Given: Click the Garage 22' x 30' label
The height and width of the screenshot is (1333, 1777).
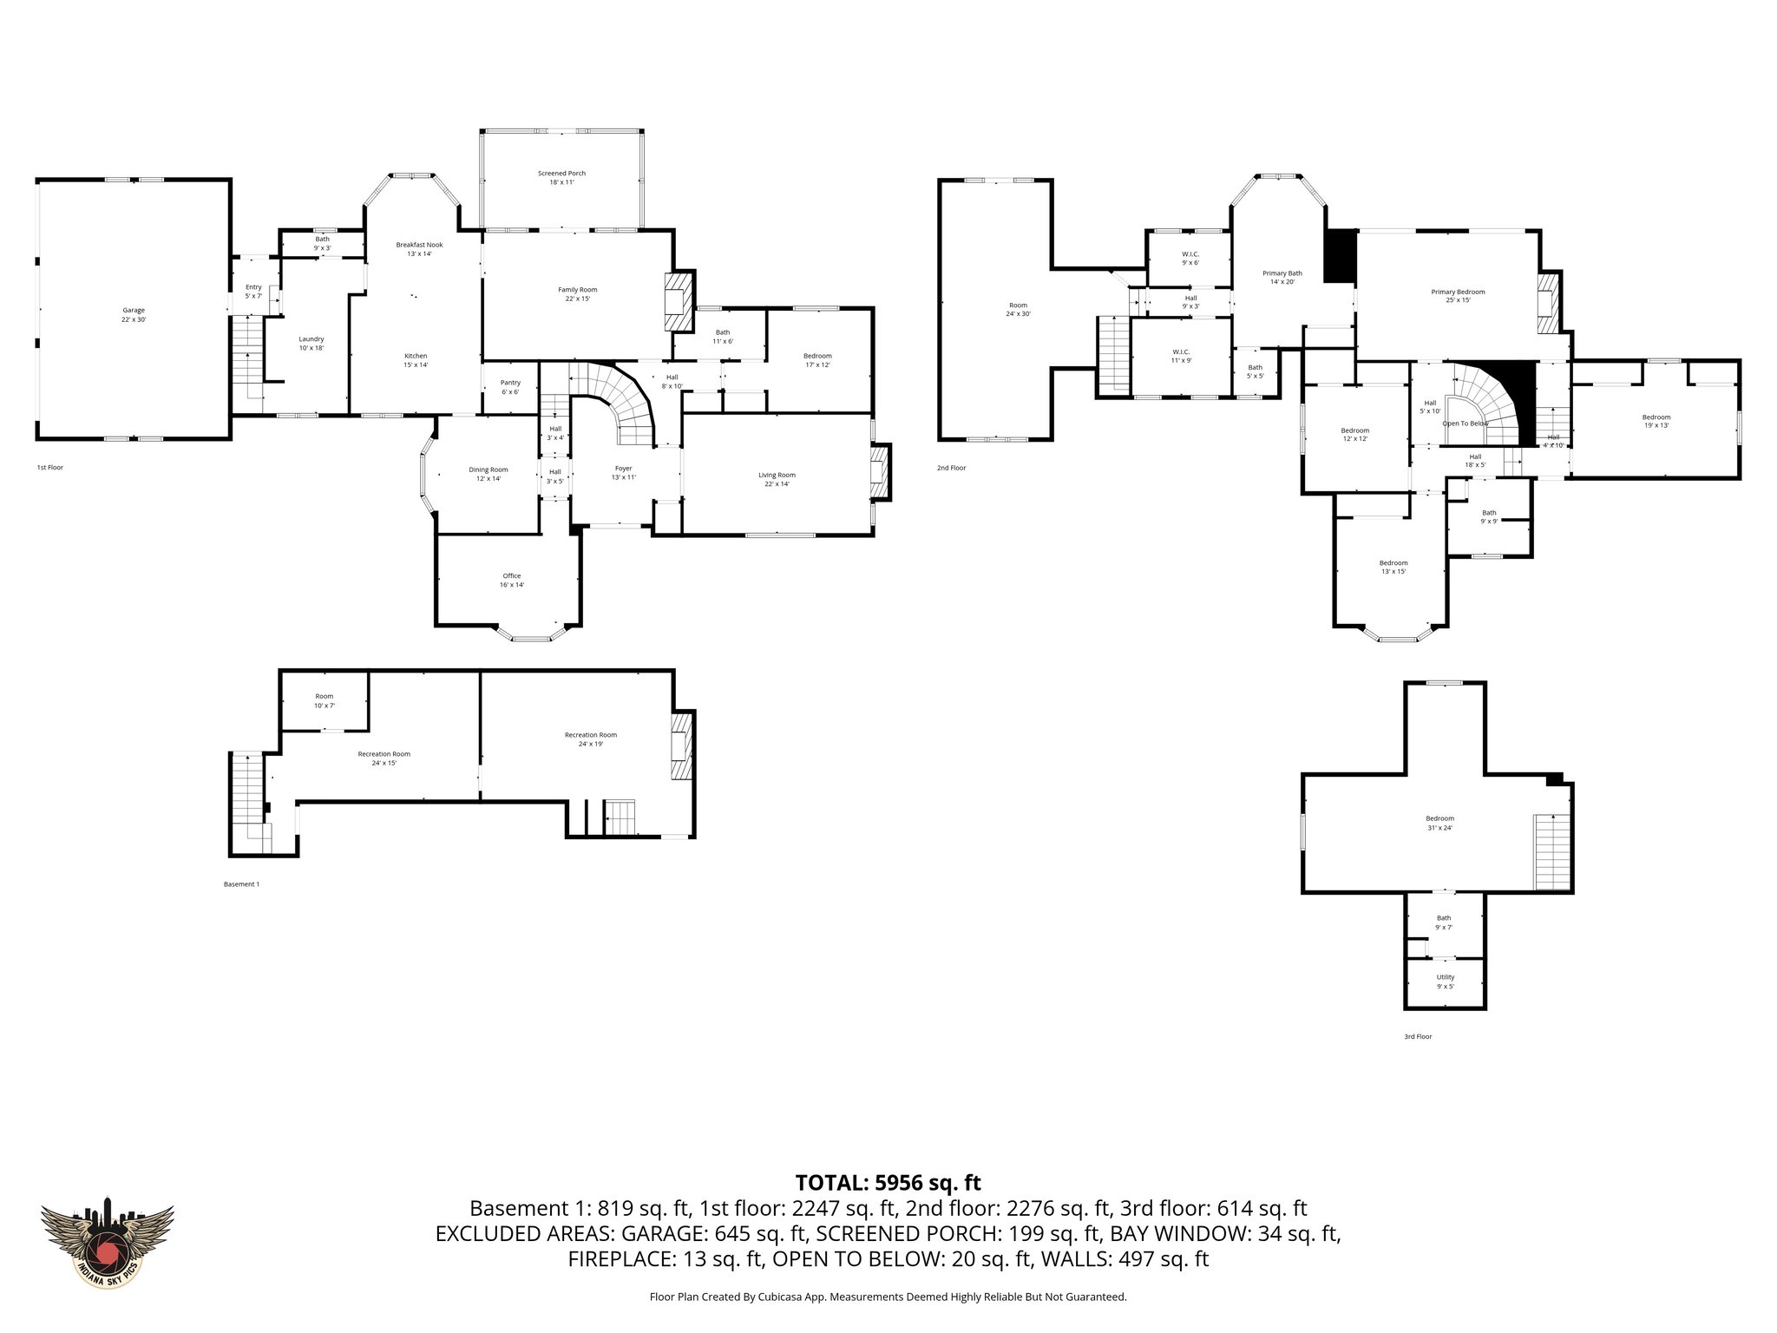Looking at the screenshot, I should tap(133, 315).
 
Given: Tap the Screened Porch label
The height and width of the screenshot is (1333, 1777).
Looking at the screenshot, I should tap(561, 178).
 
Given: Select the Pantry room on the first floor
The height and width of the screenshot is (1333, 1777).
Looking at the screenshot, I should tap(510, 387).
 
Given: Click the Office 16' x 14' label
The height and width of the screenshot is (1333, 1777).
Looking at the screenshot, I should tap(511, 581).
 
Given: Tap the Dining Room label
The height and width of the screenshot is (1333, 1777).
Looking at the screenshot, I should tap(488, 474).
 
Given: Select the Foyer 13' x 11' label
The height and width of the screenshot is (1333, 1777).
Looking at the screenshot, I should tap(623, 473).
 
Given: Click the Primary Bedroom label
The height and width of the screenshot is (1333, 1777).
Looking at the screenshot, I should tap(1458, 296).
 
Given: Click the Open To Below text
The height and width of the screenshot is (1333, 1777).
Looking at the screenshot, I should tap(1465, 424).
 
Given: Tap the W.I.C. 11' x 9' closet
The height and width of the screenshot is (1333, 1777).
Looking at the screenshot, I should tap(1181, 356).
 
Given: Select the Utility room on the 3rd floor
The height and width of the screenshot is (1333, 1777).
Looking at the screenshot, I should tap(1445, 982).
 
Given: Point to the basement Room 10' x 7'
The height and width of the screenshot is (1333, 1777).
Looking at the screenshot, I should tap(325, 700).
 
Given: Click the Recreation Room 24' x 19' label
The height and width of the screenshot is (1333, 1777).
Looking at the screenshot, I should tap(590, 739).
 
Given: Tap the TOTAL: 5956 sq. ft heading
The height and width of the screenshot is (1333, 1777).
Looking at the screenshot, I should tap(888, 1183).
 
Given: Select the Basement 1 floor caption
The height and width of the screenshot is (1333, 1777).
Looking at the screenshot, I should tap(241, 884).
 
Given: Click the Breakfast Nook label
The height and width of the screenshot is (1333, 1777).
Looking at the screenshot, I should tap(419, 249).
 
